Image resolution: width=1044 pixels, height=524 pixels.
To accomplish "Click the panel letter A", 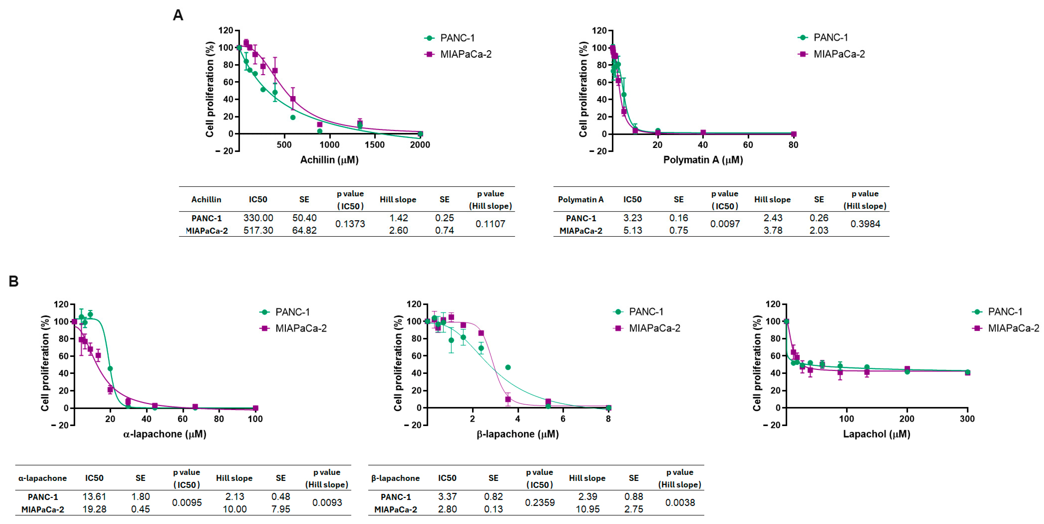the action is [x=178, y=15].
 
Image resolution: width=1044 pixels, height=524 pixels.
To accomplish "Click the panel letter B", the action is [x=13, y=281].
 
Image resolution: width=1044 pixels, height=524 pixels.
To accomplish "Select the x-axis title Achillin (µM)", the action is [x=329, y=160].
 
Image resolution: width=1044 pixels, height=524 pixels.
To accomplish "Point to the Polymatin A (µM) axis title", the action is [x=703, y=160].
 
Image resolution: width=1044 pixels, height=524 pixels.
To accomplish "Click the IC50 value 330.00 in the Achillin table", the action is [x=258, y=218].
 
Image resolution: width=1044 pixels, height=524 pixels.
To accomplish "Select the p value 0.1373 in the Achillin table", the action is [x=350, y=224].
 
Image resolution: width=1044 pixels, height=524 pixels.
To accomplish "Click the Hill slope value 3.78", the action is [x=773, y=231].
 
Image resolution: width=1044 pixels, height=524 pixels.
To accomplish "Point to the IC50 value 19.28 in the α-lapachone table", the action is [x=94, y=509].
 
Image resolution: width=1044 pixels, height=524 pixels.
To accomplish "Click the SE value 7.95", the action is [x=281, y=509].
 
